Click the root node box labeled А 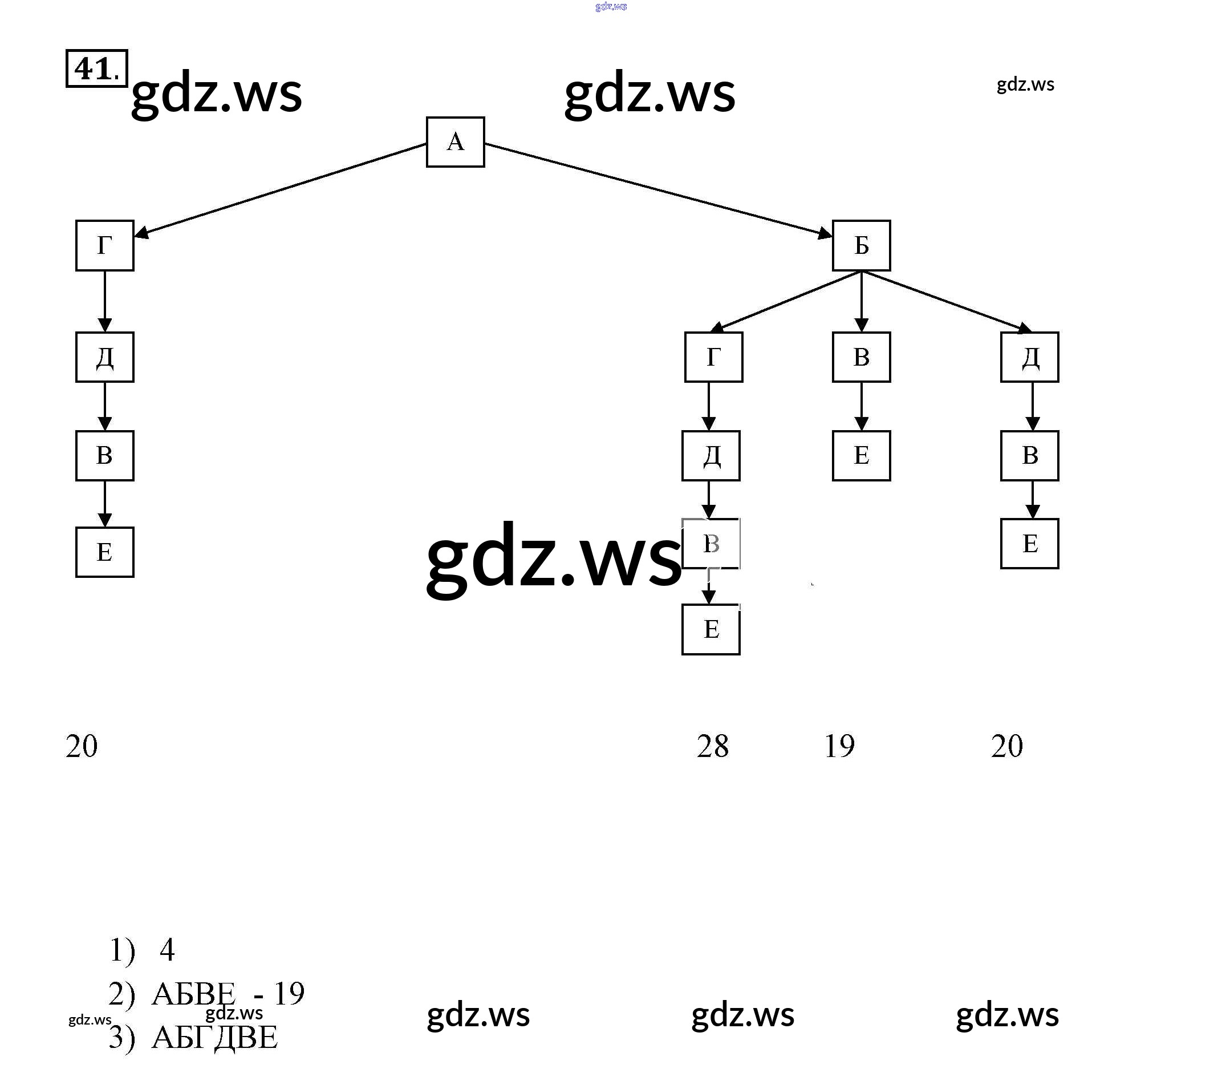coord(455,142)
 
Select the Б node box coord(861,245)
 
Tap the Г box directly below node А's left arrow coord(105,245)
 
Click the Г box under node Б coord(713,357)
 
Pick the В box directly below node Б coord(861,357)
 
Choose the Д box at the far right coord(1029,357)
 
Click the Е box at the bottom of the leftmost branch coord(105,552)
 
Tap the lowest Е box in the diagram coord(711,629)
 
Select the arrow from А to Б coord(658,188)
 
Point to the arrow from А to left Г coord(281,188)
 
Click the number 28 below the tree coord(712,746)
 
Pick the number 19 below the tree coord(839,746)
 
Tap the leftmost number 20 coord(82,746)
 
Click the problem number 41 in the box coord(96,69)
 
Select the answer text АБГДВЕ coord(215,1037)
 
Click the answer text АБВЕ coord(194,994)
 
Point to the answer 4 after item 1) coord(168,950)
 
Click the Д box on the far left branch coord(105,357)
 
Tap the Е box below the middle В coord(861,456)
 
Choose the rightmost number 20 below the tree coord(1006,746)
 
